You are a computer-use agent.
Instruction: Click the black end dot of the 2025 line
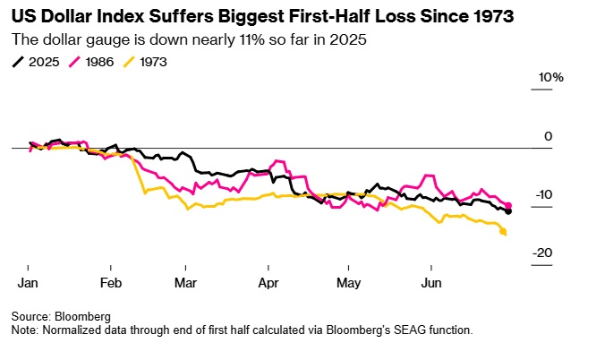click(508, 211)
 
